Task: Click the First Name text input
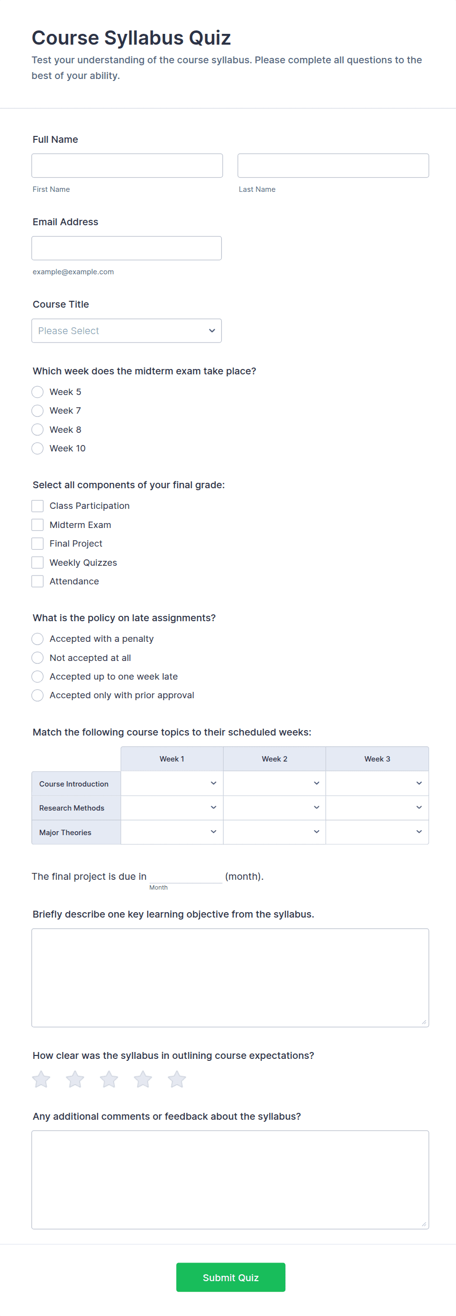tap(127, 165)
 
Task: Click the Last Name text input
tap(333, 165)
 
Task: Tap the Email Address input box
tap(127, 248)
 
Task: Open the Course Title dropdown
tap(127, 331)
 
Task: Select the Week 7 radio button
tap(38, 411)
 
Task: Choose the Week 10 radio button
tap(38, 448)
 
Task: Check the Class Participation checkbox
tap(38, 506)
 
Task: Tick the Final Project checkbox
tap(38, 544)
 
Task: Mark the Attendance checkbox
tap(38, 581)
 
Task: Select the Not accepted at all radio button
tap(38, 658)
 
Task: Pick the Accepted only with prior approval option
tap(38, 695)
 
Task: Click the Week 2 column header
tap(274, 759)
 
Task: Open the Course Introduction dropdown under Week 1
tap(172, 784)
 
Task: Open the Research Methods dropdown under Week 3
tap(377, 808)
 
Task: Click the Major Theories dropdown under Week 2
tap(274, 832)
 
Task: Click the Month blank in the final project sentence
tap(185, 876)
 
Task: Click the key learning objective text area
tap(230, 977)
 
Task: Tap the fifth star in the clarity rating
tap(177, 1079)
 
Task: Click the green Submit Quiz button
tap(231, 1277)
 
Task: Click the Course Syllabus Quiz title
tap(131, 38)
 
